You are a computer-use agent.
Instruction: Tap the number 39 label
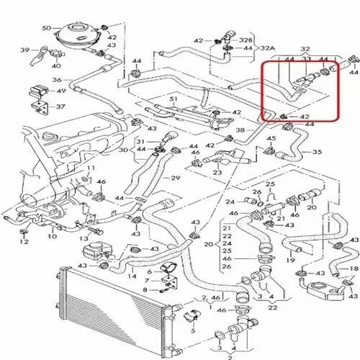point(24,50)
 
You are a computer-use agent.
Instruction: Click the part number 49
point(61,91)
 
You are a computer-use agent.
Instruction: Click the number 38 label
point(240,130)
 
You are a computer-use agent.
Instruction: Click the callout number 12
point(24,241)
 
